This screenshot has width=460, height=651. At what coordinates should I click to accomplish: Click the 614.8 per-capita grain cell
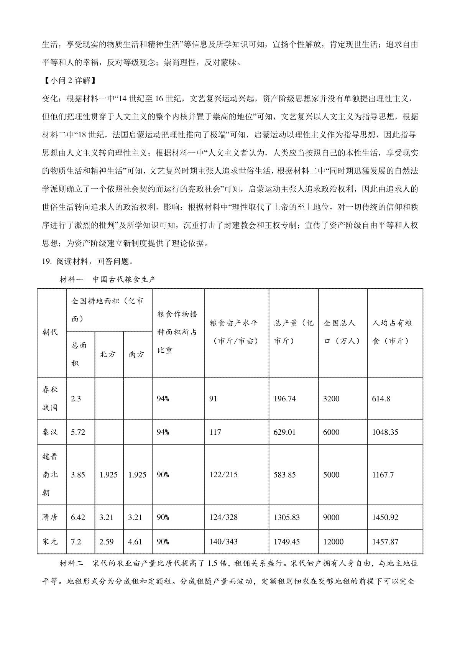[x=381, y=399]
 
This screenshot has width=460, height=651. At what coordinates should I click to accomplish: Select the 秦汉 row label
[x=50, y=432]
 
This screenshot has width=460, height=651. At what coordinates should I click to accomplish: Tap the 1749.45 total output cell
[x=287, y=542]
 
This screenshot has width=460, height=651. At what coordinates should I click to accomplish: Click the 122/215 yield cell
[x=223, y=475]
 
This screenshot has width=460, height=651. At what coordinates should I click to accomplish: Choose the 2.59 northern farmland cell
[x=106, y=542]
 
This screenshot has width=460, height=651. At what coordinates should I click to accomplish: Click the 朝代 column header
[x=50, y=332]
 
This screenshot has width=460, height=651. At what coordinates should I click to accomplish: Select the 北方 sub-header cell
[x=108, y=354]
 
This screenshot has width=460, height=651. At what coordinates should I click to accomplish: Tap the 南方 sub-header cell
[x=136, y=354]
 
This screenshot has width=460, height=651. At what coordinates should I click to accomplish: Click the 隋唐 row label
[x=50, y=517]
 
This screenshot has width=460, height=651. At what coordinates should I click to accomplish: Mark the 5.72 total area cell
[x=78, y=432]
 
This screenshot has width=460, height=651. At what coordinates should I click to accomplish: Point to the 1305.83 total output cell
[x=287, y=517]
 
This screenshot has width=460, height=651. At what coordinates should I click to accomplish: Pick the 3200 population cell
[x=331, y=399]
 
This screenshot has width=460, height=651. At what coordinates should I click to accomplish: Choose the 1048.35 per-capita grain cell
[x=385, y=432]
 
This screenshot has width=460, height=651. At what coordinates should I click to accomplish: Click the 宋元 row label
[x=50, y=542]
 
